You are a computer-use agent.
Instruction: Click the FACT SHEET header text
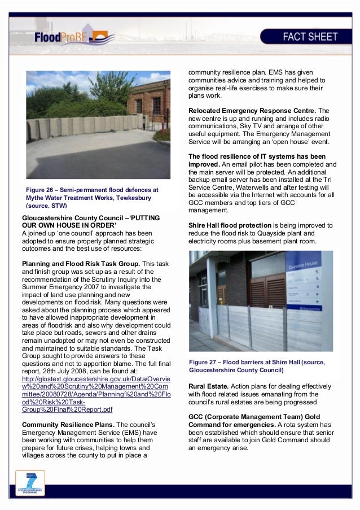click(310, 38)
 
